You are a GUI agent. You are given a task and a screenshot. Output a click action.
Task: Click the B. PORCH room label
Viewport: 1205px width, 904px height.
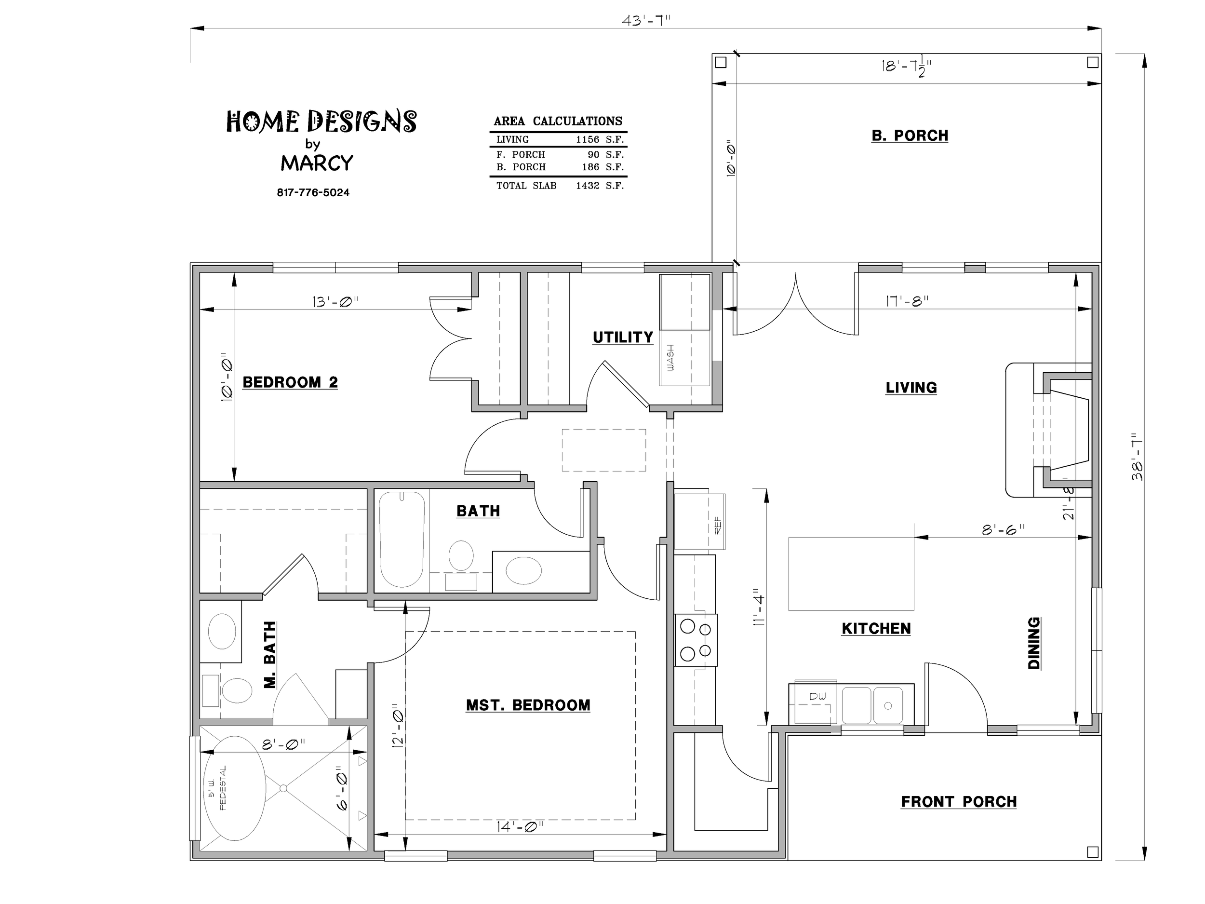[910, 135]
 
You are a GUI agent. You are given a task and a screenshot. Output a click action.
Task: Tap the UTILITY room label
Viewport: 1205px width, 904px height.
[623, 337]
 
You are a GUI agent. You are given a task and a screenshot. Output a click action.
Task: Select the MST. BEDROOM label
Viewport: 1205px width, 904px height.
[528, 705]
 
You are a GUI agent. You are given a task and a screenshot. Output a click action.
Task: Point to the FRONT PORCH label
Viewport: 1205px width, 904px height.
[959, 802]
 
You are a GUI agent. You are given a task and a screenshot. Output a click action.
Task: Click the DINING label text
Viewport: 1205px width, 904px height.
[1033, 643]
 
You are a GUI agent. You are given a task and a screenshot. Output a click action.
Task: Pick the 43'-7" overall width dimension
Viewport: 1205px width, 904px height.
[645, 21]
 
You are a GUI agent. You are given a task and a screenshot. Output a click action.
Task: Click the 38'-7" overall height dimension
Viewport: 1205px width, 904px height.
[1137, 457]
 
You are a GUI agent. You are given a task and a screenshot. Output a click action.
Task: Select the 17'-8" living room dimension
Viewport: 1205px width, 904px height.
[907, 301]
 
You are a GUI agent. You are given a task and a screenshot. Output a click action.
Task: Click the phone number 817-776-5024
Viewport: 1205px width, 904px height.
[313, 192]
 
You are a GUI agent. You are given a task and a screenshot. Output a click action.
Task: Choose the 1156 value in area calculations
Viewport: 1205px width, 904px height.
[587, 139]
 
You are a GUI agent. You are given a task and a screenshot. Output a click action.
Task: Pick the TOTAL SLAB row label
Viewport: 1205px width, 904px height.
[526, 186]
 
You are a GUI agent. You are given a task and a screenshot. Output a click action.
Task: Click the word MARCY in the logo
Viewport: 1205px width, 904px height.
[317, 163]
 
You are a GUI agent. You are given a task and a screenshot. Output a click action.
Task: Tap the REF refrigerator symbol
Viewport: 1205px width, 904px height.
[699, 519]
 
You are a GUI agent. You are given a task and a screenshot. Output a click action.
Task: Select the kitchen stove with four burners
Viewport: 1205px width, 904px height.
[696, 640]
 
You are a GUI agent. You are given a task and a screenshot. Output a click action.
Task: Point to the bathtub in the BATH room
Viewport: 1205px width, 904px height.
[402, 540]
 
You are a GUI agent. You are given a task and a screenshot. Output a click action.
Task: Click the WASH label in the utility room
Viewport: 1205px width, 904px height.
[670, 358]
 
